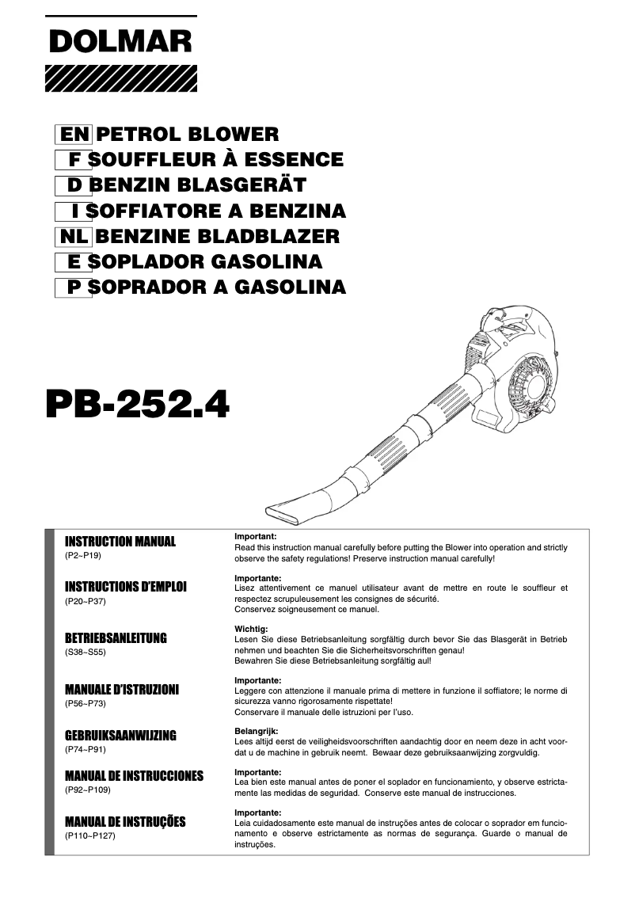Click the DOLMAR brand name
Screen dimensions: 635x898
pyautogui.click(x=121, y=41)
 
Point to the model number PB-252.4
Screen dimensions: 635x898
pyautogui.click(x=137, y=403)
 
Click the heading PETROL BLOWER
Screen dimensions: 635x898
pyautogui.click(x=187, y=135)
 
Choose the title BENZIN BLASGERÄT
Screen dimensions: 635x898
pyautogui.click(x=197, y=185)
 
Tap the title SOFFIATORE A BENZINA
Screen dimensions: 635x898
pyautogui.click(x=216, y=211)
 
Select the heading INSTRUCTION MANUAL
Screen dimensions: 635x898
pyautogui.click(x=120, y=542)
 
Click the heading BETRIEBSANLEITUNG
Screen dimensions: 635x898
pyautogui.click(x=116, y=638)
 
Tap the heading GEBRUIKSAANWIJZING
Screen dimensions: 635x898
pyautogui.click(x=120, y=735)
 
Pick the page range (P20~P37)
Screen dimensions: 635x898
pyautogui.click(x=85, y=602)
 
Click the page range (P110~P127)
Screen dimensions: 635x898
pyautogui.click(x=89, y=835)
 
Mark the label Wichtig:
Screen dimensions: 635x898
pyautogui.click(x=252, y=629)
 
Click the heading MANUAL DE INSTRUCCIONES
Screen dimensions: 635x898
pyautogui.click(x=134, y=775)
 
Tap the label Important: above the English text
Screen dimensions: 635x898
pyautogui.click(x=255, y=537)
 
